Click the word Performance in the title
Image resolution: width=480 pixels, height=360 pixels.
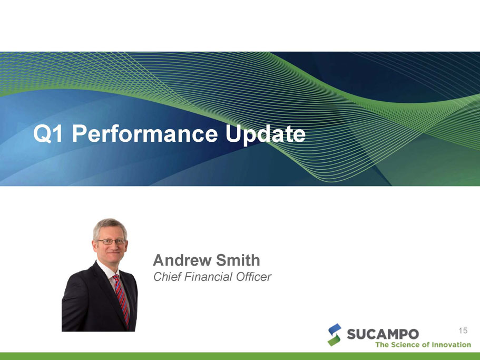(145, 134)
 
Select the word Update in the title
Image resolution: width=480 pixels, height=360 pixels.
(266, 135)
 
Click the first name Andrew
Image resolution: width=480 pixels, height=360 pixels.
(182, 260)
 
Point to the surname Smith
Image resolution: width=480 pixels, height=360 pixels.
(238, 260)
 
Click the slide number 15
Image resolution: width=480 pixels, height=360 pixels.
(463, 330)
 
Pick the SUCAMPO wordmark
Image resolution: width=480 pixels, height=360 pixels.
(383, 334)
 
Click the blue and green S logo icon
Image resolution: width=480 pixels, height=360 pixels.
(334, 335)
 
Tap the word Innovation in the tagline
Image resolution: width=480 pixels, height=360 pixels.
(451, 345)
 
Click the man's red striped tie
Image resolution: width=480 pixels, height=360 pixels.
(122, 300)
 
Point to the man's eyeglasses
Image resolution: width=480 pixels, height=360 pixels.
(111, 241)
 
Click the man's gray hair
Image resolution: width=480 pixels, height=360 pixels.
(110, 225)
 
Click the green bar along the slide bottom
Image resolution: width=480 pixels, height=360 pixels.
(240, 356)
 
